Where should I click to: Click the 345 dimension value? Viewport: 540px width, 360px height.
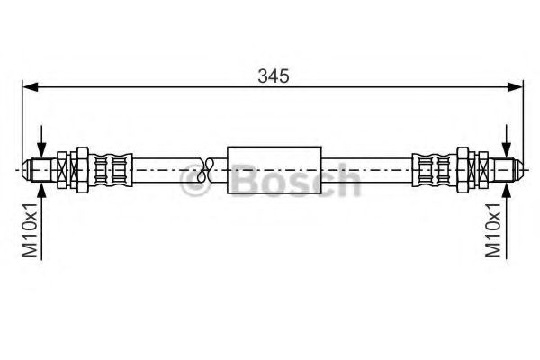point(274,76)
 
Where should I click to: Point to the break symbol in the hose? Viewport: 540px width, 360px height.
point(207,167)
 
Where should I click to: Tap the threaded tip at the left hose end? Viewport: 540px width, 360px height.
point(38,168)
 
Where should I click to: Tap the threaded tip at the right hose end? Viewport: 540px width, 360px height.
point(508,168)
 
